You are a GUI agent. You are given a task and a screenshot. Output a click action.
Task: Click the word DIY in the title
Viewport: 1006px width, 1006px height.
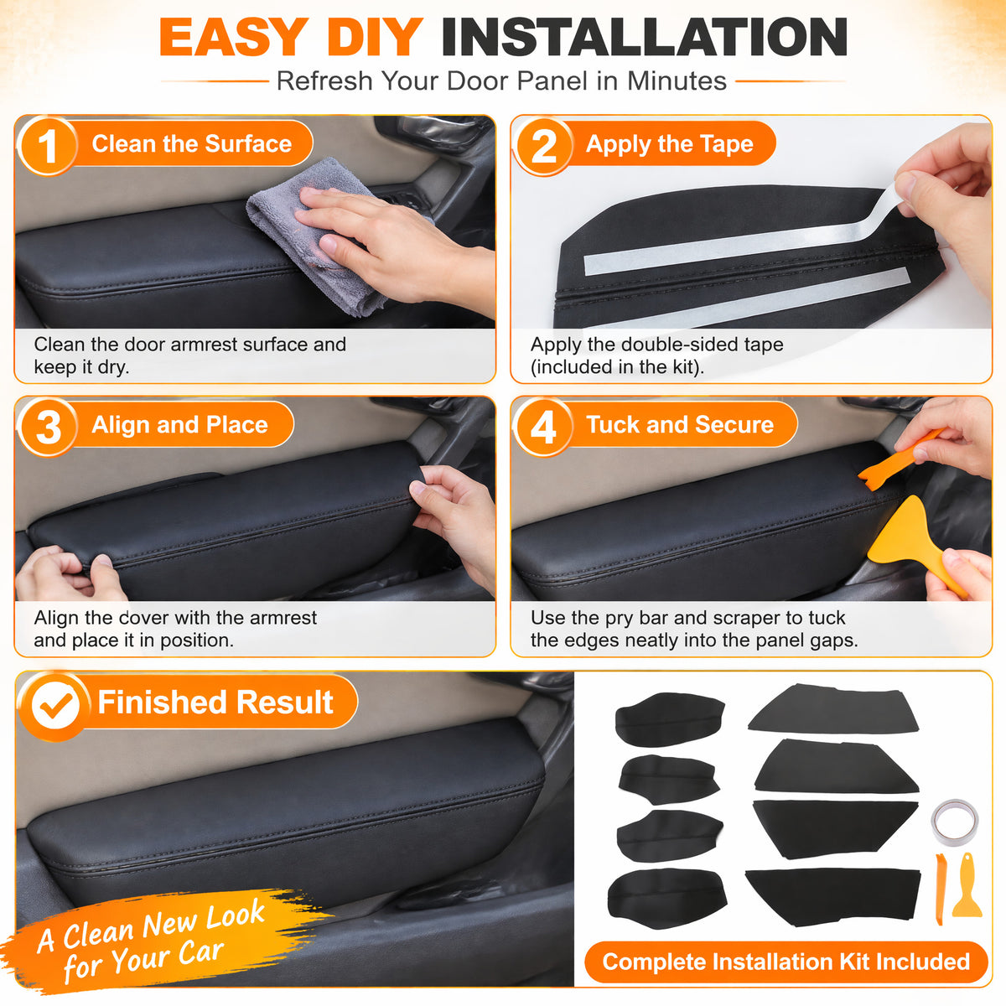click(x=374, y=37)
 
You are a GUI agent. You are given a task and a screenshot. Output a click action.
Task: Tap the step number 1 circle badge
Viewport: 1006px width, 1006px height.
click(x=47, y=146)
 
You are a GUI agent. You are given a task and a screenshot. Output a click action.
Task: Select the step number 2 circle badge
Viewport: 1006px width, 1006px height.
click(x=543, y=146)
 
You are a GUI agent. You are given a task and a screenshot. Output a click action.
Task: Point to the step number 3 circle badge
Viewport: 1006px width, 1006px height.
click(x=48, y=427)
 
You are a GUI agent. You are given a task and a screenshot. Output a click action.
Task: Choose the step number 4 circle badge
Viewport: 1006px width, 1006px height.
click(x=543, y=427)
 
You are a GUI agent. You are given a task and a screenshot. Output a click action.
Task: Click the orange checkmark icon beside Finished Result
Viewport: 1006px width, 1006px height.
click(x=55, y=706)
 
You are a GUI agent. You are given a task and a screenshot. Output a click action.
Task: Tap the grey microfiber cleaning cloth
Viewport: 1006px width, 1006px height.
click(x=324, y=235)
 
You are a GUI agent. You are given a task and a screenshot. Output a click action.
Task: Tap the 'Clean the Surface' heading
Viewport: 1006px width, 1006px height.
click(x=192, y=143)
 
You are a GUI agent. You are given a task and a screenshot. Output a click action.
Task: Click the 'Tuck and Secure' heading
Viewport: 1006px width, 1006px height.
click(x=680, y=424)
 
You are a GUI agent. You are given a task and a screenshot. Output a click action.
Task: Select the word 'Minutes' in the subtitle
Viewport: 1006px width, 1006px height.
click(x=677, y=81)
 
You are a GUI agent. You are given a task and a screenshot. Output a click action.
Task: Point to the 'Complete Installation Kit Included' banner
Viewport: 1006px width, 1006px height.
click(x=786, y=962)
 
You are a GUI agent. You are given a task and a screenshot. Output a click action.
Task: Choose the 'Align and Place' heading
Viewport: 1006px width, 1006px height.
click(x=179, y=425)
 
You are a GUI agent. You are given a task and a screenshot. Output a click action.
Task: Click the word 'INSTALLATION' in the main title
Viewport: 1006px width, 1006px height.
click(x=645, y=37)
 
